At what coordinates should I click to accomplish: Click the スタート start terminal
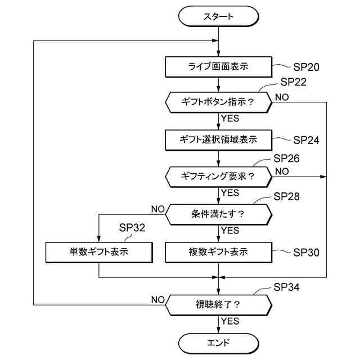click(219, 16)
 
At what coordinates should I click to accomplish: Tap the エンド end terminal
click(219, 343)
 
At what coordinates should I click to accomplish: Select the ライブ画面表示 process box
click(219, 67)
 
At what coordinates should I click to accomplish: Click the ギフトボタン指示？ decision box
click(219, 102)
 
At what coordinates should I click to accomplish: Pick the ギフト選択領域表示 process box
click(219, 140)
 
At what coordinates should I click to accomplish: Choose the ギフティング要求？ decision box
click(219, 177)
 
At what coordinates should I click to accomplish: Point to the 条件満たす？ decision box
click(219, 214)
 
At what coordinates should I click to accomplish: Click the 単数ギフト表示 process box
click(99, 253)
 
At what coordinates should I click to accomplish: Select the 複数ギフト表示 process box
click(219, 253)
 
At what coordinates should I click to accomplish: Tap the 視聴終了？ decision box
click(219, 305)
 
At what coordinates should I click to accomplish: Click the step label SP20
click(306, 67)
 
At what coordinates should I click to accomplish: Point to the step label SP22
click(294, 82)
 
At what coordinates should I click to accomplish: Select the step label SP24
click(306, 140)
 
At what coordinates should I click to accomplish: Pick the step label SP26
click(286, 159)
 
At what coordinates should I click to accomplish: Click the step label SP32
click(132, 228)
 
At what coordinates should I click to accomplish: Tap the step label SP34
click(286, 287)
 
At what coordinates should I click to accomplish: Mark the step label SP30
click(306, 253)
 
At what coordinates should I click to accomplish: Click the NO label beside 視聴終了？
click(158, 300)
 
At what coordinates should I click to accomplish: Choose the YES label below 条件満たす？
click(230, 230)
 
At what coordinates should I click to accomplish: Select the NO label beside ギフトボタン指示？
click(282, 97)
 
